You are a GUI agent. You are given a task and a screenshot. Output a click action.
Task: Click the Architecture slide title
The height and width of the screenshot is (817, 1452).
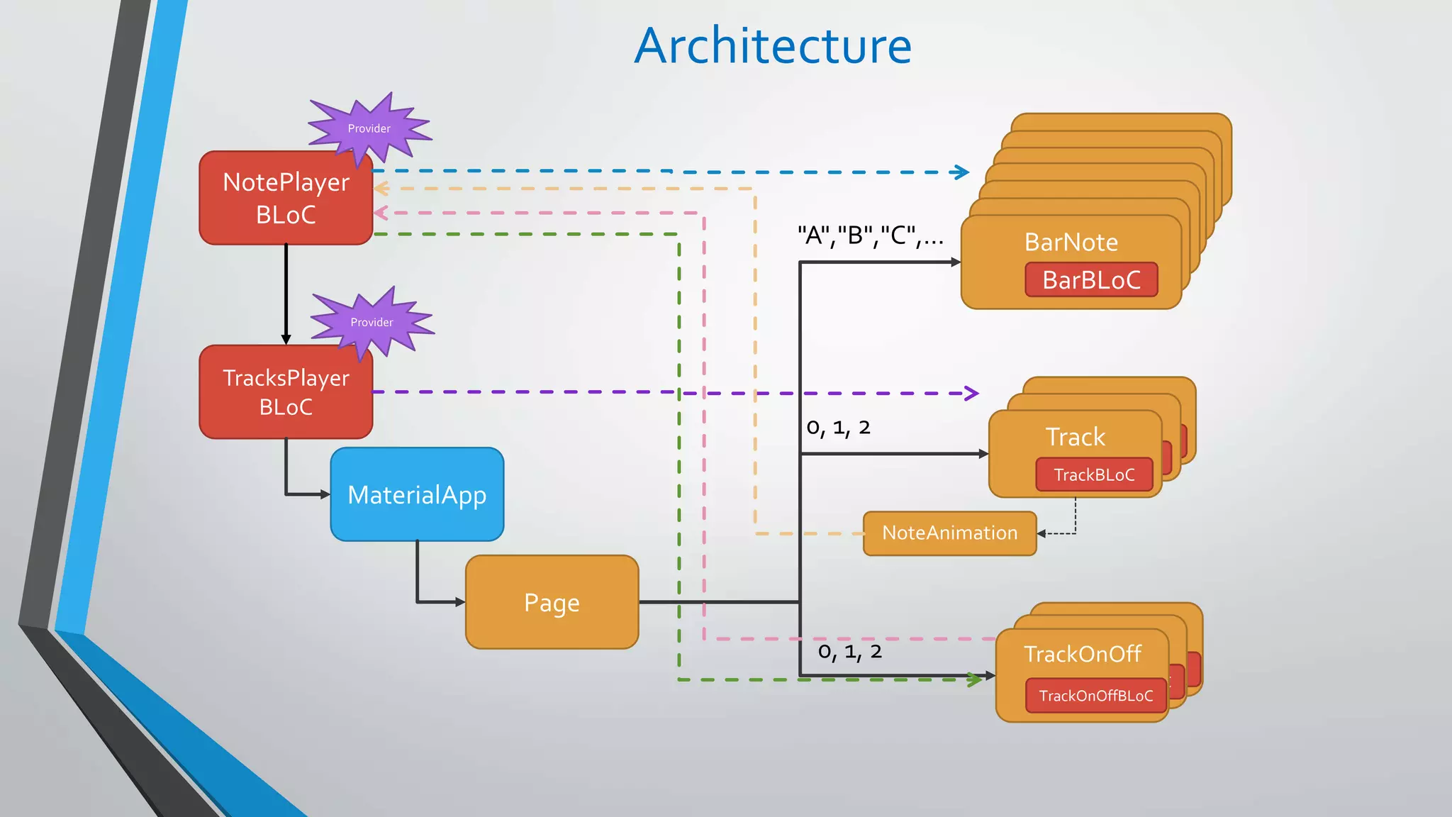coord(773,46)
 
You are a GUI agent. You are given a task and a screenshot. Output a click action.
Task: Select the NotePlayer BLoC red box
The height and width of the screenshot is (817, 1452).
coord(286,198)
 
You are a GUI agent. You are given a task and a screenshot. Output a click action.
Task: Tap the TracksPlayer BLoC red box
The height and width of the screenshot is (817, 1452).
coord(286,392)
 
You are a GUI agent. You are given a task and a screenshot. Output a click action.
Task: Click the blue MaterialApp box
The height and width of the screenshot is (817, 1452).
coord(417,494)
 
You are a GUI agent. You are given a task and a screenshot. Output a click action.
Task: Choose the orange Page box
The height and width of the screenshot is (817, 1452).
coord(552,602)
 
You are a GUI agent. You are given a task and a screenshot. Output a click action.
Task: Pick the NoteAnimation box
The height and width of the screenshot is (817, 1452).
coord(950,533)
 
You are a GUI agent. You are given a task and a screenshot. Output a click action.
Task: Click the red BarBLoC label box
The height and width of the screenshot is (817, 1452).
coord(1091,279)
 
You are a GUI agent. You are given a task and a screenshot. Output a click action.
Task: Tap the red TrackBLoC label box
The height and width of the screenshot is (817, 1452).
coord(1094,474)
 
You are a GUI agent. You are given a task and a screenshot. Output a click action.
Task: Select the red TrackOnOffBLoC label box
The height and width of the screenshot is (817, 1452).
coord(1096,696)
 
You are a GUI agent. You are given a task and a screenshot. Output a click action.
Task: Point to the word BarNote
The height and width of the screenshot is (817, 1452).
coord(1071,243)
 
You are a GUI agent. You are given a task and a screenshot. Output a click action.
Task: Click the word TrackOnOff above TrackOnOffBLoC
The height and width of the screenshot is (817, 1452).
coord(1083,654)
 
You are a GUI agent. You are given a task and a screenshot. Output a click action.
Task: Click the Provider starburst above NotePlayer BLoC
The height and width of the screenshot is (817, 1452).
coord(369,129)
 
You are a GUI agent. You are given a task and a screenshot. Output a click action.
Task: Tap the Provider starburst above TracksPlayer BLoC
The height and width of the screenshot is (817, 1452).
coord(372,323)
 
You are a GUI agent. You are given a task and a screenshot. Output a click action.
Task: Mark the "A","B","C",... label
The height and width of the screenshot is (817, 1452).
coord(871,235)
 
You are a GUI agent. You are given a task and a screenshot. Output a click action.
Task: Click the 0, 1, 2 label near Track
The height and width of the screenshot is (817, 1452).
coord(838,428)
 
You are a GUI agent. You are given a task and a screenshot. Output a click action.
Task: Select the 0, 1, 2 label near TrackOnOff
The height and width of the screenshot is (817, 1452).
coord(850,652)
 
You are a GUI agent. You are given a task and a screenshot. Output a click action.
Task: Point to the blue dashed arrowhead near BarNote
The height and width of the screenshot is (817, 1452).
coord(961,172)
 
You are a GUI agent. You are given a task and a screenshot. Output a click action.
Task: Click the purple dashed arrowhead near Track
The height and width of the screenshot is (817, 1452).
coord(971,393)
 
